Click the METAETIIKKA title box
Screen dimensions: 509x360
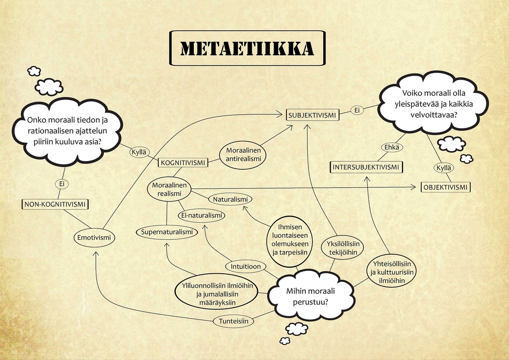(x=247, y=48)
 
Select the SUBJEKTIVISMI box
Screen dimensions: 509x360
(x=313, y=115)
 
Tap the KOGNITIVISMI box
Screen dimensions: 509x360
(x=183, y=162)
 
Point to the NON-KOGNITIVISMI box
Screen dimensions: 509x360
(x=55, y=204)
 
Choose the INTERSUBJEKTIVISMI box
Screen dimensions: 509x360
(x=366, y=167)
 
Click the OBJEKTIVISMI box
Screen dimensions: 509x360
(x=445, y=187)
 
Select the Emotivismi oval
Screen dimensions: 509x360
(x=94, y=238)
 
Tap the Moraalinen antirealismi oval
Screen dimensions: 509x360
(x=243, y=154)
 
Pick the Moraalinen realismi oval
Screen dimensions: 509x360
(x=169, y=189)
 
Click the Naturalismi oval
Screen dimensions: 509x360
(x=230, y=199)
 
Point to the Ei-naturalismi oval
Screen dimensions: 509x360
(x=201, y=216)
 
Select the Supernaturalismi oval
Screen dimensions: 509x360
(x=167, y=232)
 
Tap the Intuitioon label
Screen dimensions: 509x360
(x=246, y=266)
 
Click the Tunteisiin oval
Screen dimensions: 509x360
(x=233, y=321)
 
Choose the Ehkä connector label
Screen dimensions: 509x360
(x=392, y=147)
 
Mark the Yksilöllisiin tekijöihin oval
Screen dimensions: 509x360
(x=343, y=248)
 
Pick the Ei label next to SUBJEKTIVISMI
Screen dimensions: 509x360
(x=357, y=110)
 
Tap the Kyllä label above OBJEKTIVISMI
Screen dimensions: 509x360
(x=443, y=168)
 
